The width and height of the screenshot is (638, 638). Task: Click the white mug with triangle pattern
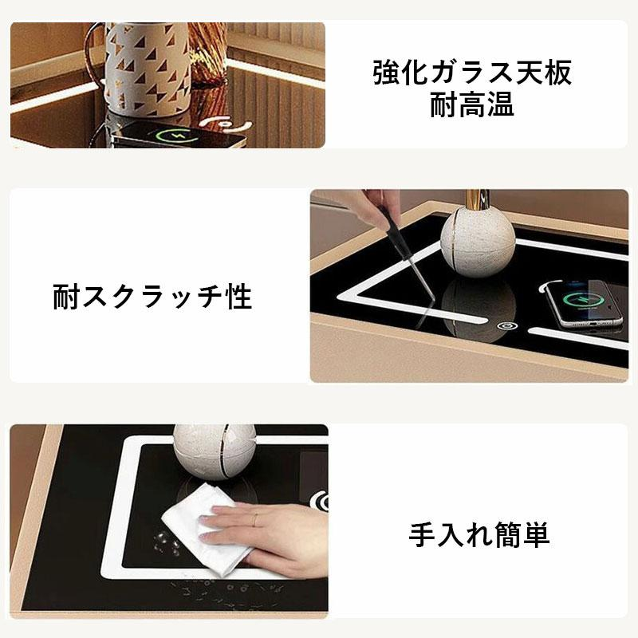(x=147, y=67)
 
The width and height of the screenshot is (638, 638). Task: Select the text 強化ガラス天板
(x=472, y=73)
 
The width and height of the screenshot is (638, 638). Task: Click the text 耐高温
(x=472, y=104)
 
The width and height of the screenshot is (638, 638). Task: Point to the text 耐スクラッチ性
(x=152, y=297)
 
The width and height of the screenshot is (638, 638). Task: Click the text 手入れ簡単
(x=479, y=534)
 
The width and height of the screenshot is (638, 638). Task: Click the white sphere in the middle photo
(x=478, y=243)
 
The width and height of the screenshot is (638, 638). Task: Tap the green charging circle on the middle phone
(x=582, y=300)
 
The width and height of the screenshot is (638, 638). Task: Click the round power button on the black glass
(x=507, y=325)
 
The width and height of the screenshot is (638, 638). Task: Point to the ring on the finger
(x=255, y=520)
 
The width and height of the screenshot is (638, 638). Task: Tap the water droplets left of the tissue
(x=166, y=542)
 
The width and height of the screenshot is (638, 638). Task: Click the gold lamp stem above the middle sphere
(x=478, y=200)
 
